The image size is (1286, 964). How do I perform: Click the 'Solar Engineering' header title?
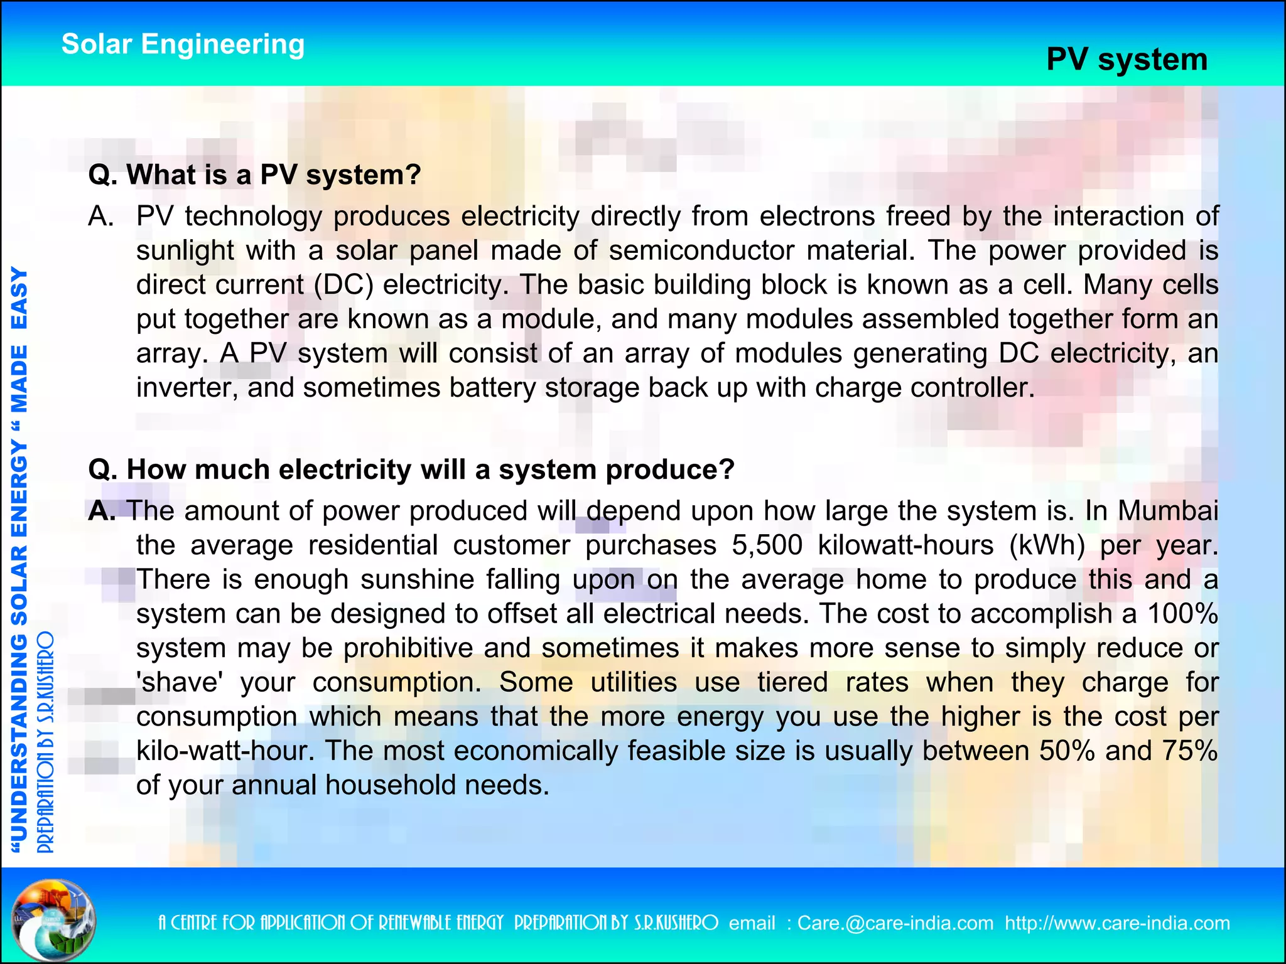[183, 45]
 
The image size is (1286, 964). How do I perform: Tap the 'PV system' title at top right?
[1127, 60]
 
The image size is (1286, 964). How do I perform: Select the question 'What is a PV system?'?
[254, 174]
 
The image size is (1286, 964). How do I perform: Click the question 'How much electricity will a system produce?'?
[411, 469]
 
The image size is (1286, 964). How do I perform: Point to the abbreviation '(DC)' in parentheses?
[343, 285]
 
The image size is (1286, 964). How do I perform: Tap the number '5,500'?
[767, 545]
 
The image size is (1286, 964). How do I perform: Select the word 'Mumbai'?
[1167, 511]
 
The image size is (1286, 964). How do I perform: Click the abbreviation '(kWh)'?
[1047, 545]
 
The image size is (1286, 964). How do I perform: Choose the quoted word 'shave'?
[180, 682]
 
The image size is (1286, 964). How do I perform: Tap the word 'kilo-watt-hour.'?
[225, 751]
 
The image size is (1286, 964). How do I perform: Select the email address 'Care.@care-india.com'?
[895, 923]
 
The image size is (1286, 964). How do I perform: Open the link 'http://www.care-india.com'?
[1117, 923]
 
